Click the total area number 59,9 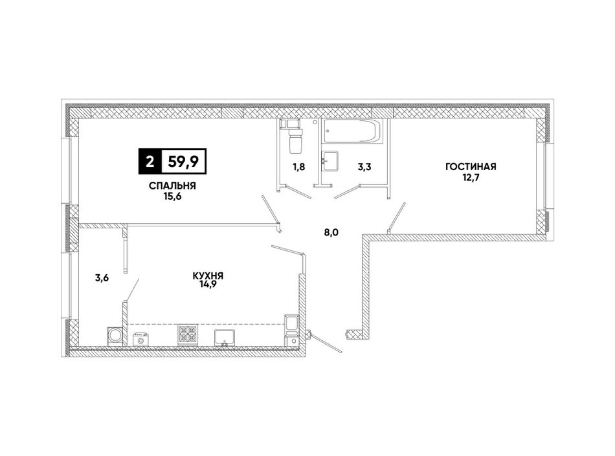(x=184, y=161)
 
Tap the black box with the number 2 (x=150, y=161)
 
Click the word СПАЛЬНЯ (x=172, y=186)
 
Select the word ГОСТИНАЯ (x=471, y=167)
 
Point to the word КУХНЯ (x=208, y=276)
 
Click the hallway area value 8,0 (x=331, y=233)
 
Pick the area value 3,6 (x=102, y=278)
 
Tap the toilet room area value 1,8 (x=298, y=167)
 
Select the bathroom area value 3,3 (x=364, y=167)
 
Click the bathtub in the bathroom (x=351, y=131)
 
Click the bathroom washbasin (x=330, y=160)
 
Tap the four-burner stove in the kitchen (x=188, y=335)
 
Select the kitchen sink (x=225, y=338)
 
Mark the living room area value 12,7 (x=471, y=177)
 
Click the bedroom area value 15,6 (x=173, y=196)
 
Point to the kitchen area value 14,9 (x=208, y=285)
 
